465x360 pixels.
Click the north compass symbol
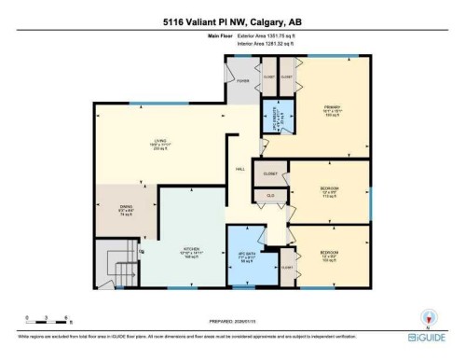428,316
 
